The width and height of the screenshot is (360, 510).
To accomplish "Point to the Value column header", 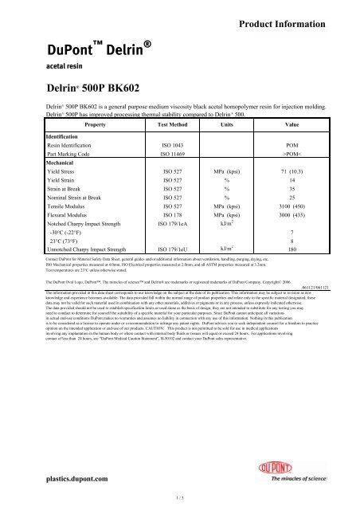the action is [x=292, y=126].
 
